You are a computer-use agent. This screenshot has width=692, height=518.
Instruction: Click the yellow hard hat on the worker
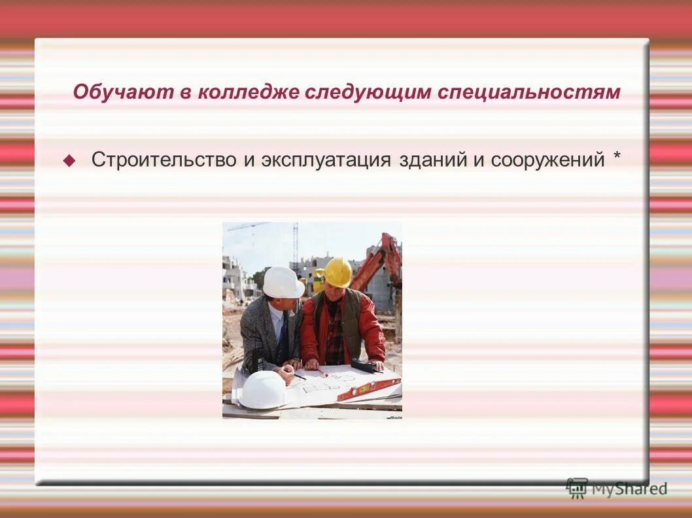point(337,271)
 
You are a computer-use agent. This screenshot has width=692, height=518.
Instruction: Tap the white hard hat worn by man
point(282,282)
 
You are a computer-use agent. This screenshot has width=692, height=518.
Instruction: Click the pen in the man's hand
point(298,376)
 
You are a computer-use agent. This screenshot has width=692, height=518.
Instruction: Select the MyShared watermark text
point(629,489)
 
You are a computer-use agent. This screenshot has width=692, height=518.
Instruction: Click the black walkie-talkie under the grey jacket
point(252,361)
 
